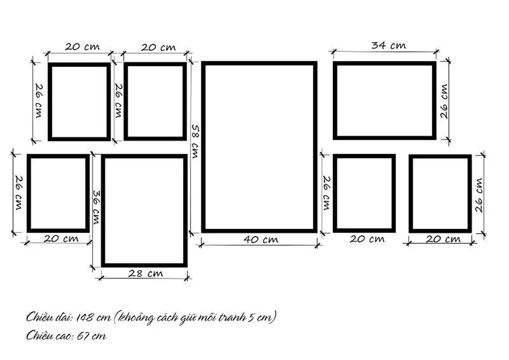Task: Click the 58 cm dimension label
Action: tap(196, 141)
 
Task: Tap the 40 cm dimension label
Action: tap(261, 239)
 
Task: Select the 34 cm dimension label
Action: tap(388, 45)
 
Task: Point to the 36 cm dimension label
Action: tap(97, 207)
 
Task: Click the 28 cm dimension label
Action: tap(146, 273)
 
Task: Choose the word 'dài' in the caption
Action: tap(64, 317)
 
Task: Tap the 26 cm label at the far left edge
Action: tap(19, 193)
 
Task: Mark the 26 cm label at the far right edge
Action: tap(479, 195)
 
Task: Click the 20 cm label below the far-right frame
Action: tap(443, 239)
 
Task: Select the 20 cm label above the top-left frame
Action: tap(82, 47)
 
